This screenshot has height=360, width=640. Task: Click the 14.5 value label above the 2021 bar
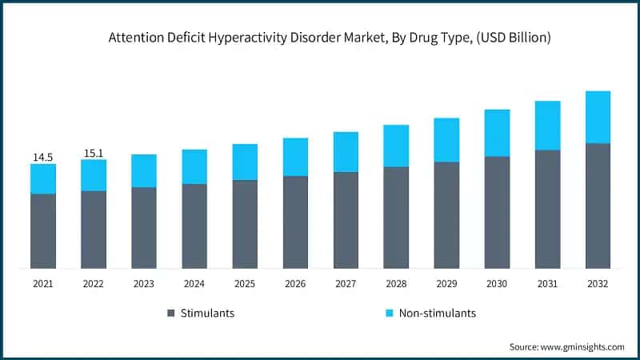[42, 158]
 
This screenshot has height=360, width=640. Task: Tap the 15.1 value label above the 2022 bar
[94, 153]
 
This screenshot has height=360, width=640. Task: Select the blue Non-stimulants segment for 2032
[598, 117]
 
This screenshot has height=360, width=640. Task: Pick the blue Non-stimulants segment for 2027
[346, 152]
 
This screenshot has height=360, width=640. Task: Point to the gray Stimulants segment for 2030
[497, 212]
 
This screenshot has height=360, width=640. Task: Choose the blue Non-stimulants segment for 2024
[194, 166]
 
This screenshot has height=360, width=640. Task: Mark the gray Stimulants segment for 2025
[245, 224]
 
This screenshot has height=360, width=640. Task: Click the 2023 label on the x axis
[144, 284]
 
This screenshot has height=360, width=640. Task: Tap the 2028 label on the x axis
[396, 284]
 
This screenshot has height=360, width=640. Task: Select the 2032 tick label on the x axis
[598, 284]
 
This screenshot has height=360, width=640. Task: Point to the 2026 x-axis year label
[295, 284]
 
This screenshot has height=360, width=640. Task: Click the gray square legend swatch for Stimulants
[171, 314]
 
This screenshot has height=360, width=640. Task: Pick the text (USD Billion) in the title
[506, 37]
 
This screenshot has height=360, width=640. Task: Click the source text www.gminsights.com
[581, 346]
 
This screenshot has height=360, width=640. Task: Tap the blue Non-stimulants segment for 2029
[446, 140]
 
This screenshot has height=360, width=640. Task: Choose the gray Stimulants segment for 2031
[547, 209]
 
